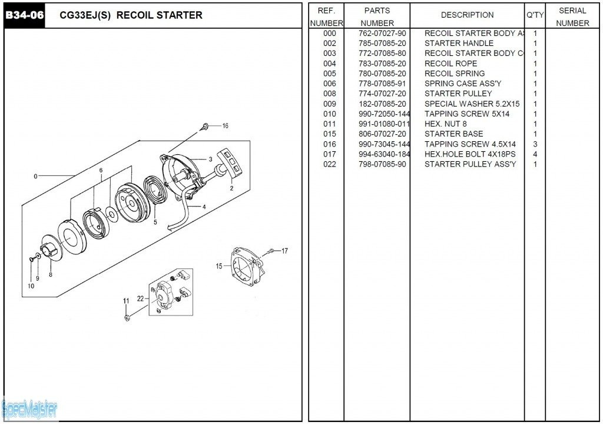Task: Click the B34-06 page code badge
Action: (x=24, y=15)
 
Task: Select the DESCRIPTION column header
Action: (x=467, y=15)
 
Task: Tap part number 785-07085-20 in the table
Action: (x=382, y=44)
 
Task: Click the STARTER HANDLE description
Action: (x=459, y=44)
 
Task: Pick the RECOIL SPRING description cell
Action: (x=455, y=74)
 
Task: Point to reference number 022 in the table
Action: (x=330, y=164)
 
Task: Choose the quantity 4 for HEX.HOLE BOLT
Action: (x=535, y=154)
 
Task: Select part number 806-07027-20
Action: (x=382, y=134)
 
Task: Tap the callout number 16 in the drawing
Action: (x=225, y=125)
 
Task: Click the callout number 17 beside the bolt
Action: (x=284, y=251)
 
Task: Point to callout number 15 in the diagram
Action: (x=219, y=266)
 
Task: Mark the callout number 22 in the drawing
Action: (x=141, y=298)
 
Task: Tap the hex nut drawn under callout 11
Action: (x=127, y=318)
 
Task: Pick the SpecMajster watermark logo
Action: (x=29, y=408)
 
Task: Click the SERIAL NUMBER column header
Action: (x=572, y=16)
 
